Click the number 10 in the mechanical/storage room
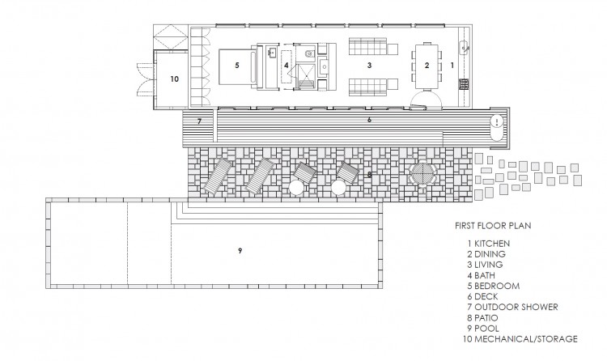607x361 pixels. [x=175, y=79]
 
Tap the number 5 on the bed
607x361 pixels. [x=237, y=65]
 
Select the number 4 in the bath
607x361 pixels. [x=286, y=65]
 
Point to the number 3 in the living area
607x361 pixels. [x=369, y=65]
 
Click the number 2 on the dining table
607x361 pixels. [x=427, y=66]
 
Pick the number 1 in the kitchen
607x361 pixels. [x=452, y=66]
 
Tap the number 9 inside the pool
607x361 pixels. [x=240, y=251]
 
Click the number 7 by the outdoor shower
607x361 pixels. [x=199, y=121]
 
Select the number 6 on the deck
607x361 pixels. [x=369, y=120]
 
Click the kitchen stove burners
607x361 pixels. [x=465, y=84]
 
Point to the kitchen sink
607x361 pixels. [x=465, y=48]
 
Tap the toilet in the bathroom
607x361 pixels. [x=308, y=54]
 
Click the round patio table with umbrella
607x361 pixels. [x=422, y=174]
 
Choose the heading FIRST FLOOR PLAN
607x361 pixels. [x=493, y=226]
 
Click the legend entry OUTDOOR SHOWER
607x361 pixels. [x=516, y=307]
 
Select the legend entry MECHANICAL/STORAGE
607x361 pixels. [x=526, y=339]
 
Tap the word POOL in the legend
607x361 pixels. [x=486, y=329]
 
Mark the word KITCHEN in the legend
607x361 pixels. [x=492, y=244]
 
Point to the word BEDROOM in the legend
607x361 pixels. [x=497, y=286]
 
